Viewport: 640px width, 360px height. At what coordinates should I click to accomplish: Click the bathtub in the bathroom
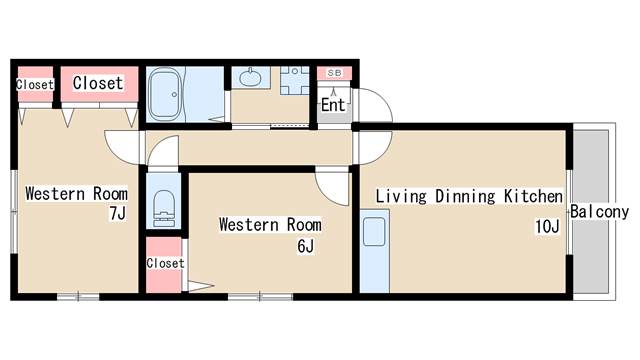[x=165, y=94]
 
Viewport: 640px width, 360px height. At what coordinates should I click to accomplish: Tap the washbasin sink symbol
[x=249, y=77]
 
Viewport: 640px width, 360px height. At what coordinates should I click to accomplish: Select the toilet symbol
[x=164, y=208]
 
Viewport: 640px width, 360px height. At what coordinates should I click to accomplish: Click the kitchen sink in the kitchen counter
[x=374, y=231]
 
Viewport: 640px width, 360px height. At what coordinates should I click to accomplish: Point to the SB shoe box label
[x=334, y=73]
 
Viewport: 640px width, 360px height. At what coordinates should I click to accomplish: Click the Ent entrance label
[x=333, y=105]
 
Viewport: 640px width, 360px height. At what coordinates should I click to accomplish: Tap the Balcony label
[x=599, y=212]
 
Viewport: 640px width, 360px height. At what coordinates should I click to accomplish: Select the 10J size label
[x=547, y=226]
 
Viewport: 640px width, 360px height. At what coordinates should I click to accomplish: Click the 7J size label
[x=118, y=213]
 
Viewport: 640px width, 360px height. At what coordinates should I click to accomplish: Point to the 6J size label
[x=306, y=246]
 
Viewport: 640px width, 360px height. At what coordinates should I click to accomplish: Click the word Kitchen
[x=533, y=196]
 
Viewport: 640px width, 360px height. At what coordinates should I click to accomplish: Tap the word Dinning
[x=465, y=197]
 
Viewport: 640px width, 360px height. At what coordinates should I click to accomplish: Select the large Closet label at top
[x=98, y=83]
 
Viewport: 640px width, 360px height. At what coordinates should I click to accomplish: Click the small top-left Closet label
[x=35, y=84]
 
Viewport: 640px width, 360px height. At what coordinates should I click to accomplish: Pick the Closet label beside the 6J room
[x=165, y=263]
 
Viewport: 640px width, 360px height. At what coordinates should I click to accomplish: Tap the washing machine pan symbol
[x=294, y=80]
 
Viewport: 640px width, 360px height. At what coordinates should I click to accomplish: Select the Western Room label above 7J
[x=76, y=193]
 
